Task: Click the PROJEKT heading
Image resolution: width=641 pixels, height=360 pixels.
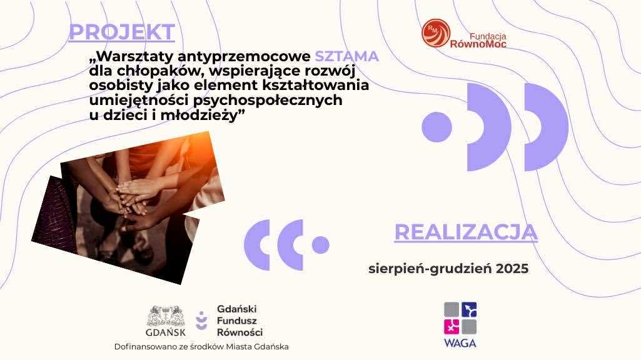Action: click(122, 32)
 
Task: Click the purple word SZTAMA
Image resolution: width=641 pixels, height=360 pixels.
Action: click(346, 56)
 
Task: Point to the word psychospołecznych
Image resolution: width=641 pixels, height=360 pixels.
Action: click(268, 101)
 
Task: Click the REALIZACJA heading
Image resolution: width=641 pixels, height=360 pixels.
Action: click(466, 232)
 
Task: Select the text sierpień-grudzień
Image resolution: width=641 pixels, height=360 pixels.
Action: click(430, 269)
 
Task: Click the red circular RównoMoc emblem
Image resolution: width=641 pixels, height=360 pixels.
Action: click(436, 33)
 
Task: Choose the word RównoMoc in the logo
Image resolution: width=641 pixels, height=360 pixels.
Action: click(478, 44)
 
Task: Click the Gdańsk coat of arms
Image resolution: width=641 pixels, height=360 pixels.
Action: click(166, 316)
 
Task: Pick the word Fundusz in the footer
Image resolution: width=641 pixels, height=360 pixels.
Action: click(236, 321)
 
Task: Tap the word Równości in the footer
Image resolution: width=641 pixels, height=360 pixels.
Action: click(240, 332)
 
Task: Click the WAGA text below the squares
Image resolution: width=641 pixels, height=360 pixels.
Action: click(460, 343)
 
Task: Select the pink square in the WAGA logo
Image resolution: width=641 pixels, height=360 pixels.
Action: click(452, 327)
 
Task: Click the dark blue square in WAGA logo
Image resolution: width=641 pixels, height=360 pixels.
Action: click(469, 309)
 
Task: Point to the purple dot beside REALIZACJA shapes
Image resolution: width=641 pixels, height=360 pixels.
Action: click(320, 245)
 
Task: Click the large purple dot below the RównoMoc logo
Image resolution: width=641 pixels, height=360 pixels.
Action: click(437, 127)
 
